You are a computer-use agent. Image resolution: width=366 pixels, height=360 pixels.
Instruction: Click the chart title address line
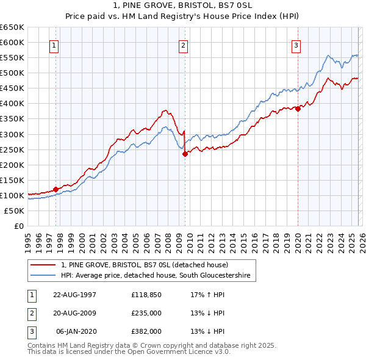(x=182, y=5)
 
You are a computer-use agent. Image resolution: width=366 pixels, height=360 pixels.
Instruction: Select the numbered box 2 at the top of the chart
(x=184, y=45)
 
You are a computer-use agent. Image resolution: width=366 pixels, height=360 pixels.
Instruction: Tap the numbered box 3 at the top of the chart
(x=296, y=45)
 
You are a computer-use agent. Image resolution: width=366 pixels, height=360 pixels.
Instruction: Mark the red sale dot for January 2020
(x=298, y=109)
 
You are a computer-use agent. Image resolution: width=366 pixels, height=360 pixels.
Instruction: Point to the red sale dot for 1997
(x=56, y=189)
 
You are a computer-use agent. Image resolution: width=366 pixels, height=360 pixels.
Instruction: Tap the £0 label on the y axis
(x=18, y=226)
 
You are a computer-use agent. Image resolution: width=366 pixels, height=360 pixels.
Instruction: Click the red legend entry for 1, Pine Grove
(x=145, y=265)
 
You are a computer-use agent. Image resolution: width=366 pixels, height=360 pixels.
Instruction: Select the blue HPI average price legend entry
(x=156, y=276)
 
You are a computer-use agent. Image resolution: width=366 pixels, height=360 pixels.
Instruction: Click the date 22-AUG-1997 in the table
(x=75, y=294)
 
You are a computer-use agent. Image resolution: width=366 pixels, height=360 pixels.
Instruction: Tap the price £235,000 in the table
(x=146, y=314)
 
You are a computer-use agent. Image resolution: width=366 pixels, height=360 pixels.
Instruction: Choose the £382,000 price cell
(x=146, y=333)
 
